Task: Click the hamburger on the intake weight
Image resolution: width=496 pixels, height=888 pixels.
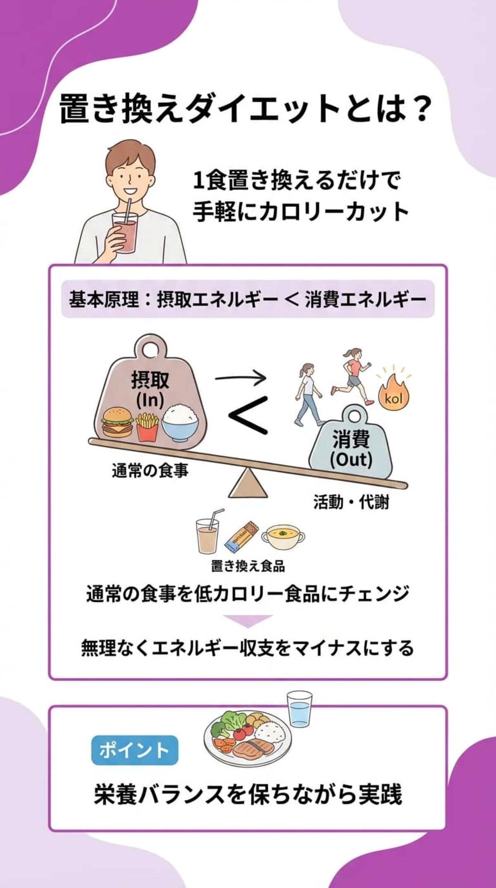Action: tap(117, 423)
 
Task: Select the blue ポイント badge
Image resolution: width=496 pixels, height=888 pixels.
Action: tap(134, 750)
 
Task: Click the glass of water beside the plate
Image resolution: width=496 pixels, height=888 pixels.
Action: tap(300, 710)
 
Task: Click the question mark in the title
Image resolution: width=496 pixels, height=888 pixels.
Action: tap(417, 109)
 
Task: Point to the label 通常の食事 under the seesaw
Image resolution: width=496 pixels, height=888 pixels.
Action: tap(150, 470)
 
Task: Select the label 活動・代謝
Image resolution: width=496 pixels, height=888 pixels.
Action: tap(351, 503)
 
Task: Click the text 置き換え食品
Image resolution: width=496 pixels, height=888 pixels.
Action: tap(248, 565)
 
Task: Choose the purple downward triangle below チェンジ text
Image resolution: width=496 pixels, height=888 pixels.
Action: tap(248, 621)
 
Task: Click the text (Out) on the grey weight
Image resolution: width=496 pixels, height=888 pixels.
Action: tap(351, 459)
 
